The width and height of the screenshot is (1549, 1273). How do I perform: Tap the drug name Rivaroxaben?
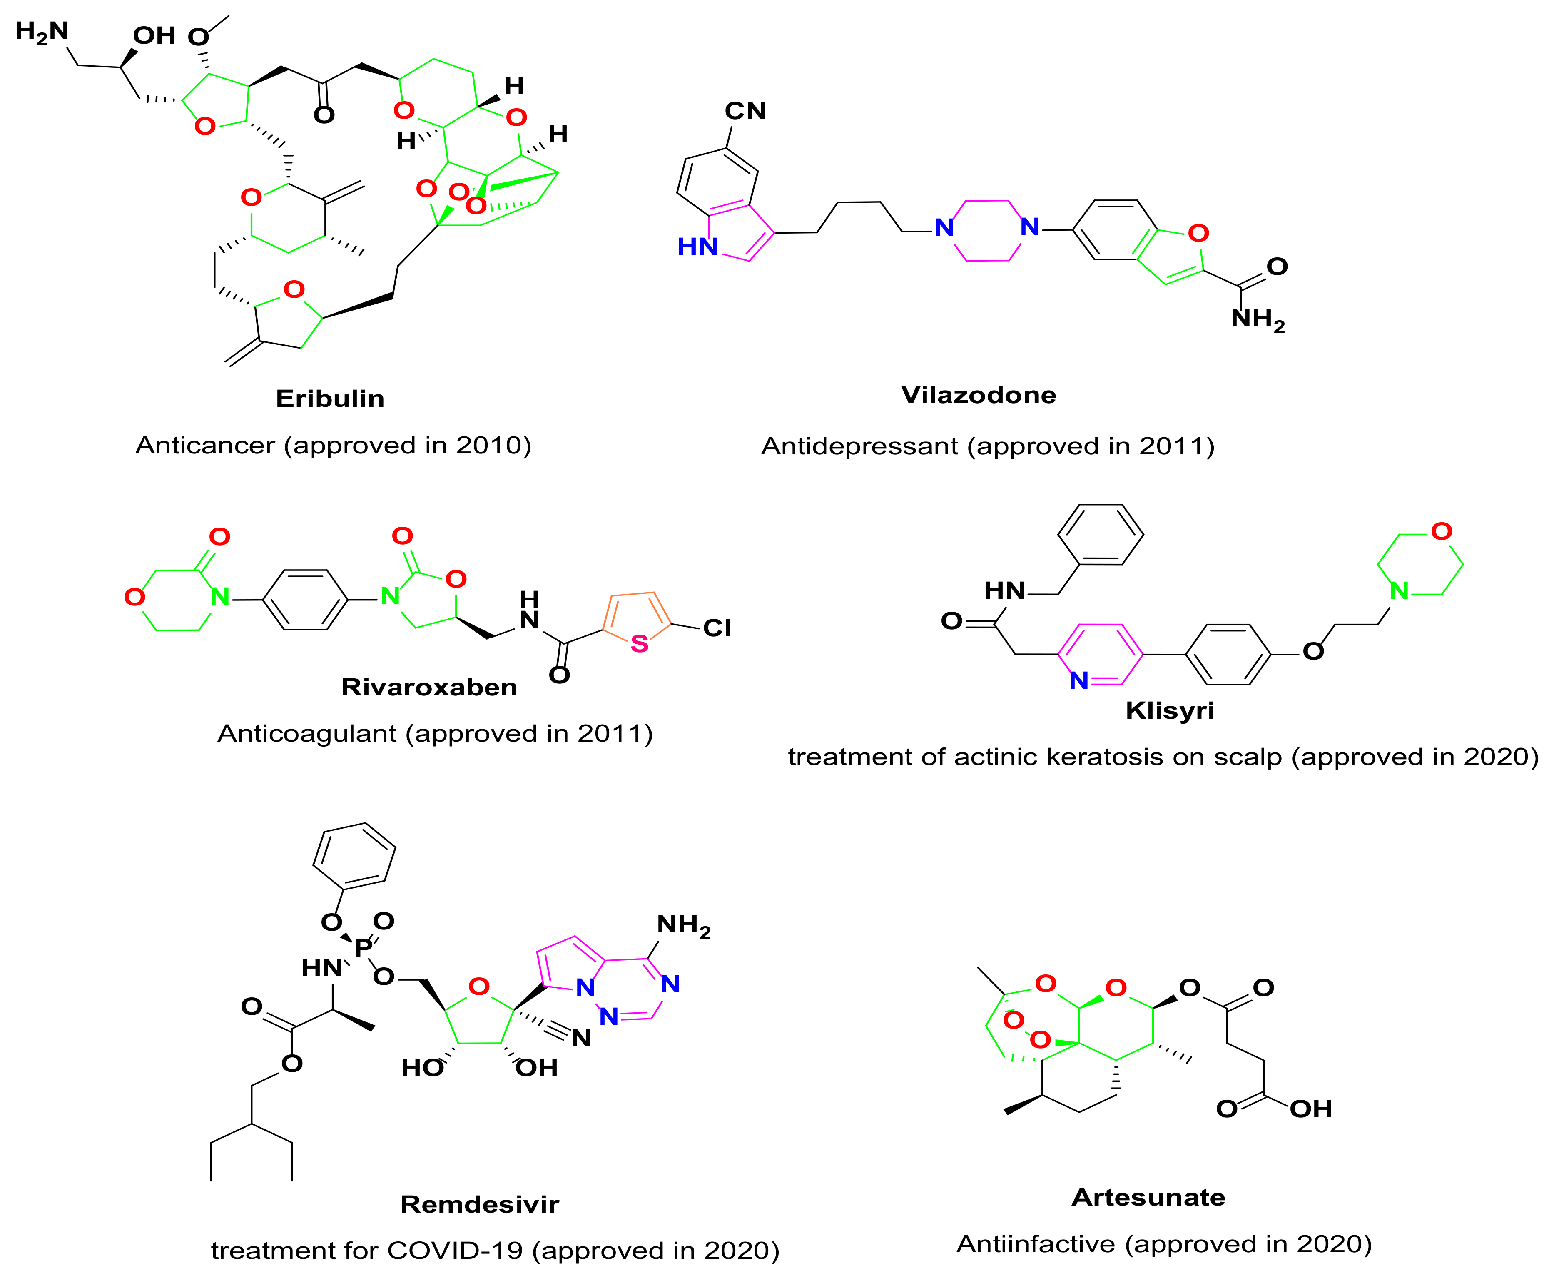click(429, 687)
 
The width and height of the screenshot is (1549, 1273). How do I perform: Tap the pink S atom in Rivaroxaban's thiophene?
click(639, 644)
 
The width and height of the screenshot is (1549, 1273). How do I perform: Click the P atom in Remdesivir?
click(362, 948)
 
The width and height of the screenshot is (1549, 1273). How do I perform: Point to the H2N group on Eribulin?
click(42, 32)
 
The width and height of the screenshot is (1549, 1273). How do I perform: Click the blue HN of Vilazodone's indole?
click(697, 247)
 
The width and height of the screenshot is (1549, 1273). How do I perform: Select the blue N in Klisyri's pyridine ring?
click(1078, 680)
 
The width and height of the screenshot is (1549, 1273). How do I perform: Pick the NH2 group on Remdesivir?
click(683, 925)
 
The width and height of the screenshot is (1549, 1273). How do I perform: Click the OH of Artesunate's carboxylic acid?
click(1311, 1109)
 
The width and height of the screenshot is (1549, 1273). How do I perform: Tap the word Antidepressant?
click(859, 446)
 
